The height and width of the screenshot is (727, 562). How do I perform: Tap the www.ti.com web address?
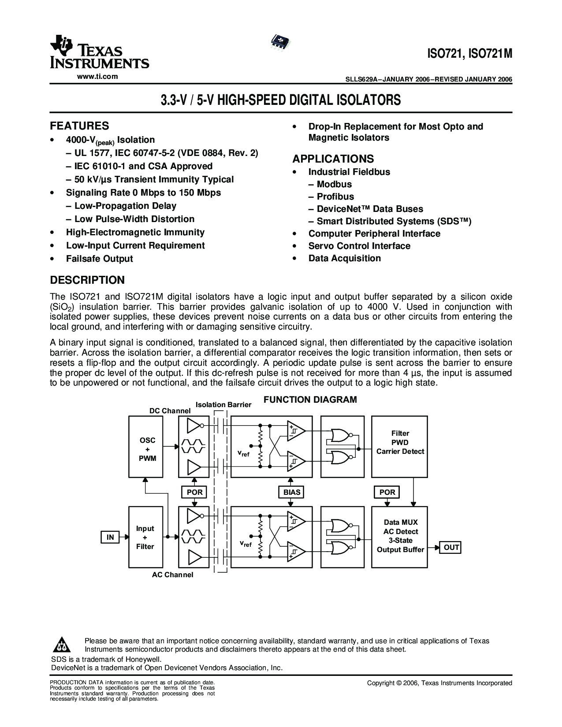coord(97,77)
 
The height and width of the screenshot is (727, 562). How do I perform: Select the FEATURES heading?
coord(79,126)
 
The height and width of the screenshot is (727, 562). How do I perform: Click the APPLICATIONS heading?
coord(333,159)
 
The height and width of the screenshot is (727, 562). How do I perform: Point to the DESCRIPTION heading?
coord(87,280)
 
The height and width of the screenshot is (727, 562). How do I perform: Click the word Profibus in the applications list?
coord(335,197)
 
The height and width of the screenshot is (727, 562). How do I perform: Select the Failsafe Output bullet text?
coord(99,259)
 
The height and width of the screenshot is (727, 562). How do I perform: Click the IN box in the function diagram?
coord(110,537)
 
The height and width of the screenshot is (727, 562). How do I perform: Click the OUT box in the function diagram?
coord(451,547)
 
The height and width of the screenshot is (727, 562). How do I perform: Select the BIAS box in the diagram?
coord(292,492)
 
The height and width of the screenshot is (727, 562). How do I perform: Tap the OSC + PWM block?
coord(147,446)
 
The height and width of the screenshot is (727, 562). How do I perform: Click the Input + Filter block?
coord(145,537)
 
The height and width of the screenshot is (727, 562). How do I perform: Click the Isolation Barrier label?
coord(223,404)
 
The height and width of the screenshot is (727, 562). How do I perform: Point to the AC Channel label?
coord(172,575)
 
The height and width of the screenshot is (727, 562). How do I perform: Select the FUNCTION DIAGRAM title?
coord(310,400)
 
